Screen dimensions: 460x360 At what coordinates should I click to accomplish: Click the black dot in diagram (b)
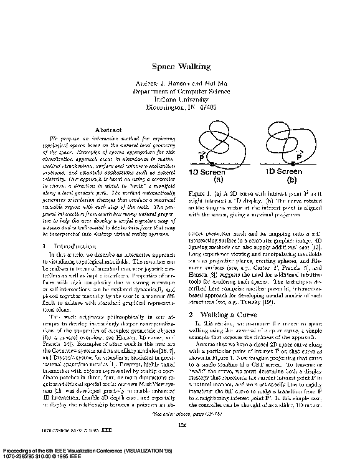pos(292,163)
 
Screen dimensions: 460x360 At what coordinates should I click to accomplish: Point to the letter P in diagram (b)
pos(299,156)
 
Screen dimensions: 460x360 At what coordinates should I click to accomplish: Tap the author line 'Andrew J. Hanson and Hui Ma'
pos(181,83)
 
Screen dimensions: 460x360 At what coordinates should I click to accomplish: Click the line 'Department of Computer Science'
pos(181,91)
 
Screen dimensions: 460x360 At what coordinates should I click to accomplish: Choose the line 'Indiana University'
pos(181,98)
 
